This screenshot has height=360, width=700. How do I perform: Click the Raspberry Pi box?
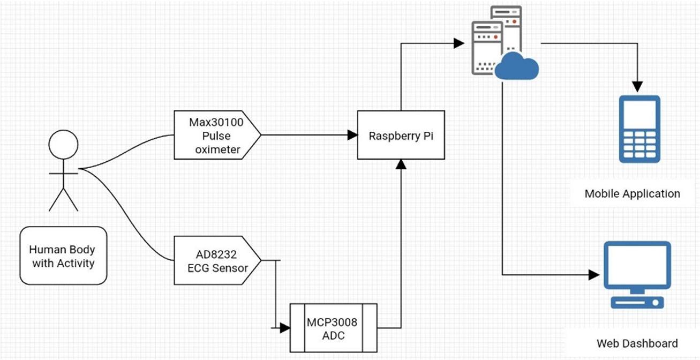tap(401, 135)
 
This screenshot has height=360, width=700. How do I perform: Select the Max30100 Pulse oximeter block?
tap(216, 136)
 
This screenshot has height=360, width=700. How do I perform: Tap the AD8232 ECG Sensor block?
tap(216, 261)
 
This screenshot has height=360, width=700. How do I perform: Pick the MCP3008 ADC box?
tap(333, 328)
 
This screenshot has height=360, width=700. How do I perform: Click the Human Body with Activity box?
tap(62, 256)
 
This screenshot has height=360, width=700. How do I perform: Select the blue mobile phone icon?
tap(639, 129)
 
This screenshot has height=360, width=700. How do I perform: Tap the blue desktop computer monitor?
tap(637, 266)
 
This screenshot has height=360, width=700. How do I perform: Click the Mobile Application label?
tap(632, 194)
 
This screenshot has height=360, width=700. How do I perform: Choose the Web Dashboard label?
tap(637, 343)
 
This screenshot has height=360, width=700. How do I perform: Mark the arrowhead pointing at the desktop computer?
tap(593, 275)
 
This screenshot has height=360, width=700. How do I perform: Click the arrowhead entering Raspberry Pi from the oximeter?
tap(352, 135)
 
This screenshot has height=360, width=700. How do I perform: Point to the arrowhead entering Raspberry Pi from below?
tap(400, 164)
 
